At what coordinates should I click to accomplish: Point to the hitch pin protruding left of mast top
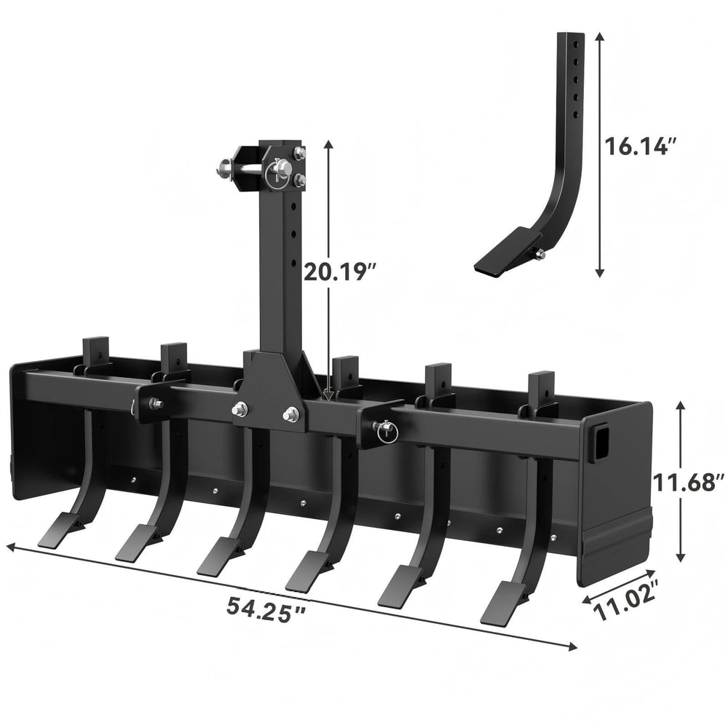222,171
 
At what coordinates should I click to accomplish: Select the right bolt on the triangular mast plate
291,414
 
